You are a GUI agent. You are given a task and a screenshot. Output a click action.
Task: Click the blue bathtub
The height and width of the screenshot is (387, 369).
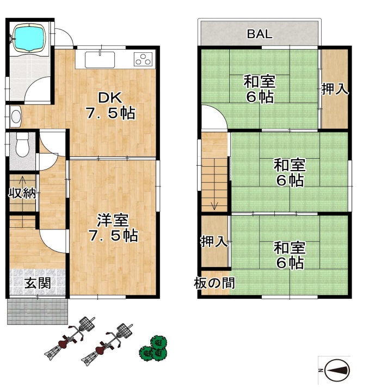pyautogui.click(x=29, y=38)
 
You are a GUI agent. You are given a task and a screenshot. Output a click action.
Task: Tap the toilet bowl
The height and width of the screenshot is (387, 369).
pyautogui.click(x=22, y=146)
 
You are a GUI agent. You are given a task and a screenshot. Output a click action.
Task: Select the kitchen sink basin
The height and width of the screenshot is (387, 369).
pyautogui.click(x=100, y=59)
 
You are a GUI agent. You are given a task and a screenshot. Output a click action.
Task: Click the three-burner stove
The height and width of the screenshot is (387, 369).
pyautogui.click(x=143, y=59)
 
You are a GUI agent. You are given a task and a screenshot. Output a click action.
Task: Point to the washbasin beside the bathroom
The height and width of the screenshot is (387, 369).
pyautogui.click(x=16, y=116)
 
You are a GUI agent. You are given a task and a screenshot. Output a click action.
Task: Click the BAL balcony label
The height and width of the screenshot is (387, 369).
pyautogui.click(x=260, y=34)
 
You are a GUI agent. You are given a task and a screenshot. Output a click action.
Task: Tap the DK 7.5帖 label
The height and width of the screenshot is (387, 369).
pyautogui.click(x=110, y=106)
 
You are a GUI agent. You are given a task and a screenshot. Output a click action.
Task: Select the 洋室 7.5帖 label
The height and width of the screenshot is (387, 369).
pyautogui.click(x=113, y=228)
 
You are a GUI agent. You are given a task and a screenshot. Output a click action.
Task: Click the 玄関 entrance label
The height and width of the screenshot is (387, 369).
pyautogui.click(x=38, y=283)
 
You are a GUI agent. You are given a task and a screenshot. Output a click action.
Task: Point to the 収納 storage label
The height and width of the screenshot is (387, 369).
pyautogui.click(x=22, y=194)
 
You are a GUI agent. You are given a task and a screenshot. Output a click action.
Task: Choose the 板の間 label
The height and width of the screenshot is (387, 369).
pyautogui.click(x=214, y=283)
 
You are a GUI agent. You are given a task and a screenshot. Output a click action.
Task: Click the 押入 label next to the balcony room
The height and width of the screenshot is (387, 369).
pyautogui.click(x=335, y=89)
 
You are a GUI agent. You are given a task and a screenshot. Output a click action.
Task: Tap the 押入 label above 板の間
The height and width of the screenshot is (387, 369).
pyautogui.click(x=214, y=241)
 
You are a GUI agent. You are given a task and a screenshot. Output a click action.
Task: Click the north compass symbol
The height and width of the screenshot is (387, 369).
pyautogui.click(x=337, y=370)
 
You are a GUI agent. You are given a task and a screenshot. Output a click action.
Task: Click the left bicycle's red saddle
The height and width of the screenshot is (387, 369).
pyautogui.click(x=64, y=343)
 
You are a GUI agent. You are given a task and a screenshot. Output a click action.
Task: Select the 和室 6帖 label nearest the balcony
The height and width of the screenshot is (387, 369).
pyautogui.click(x=260, y=89)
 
